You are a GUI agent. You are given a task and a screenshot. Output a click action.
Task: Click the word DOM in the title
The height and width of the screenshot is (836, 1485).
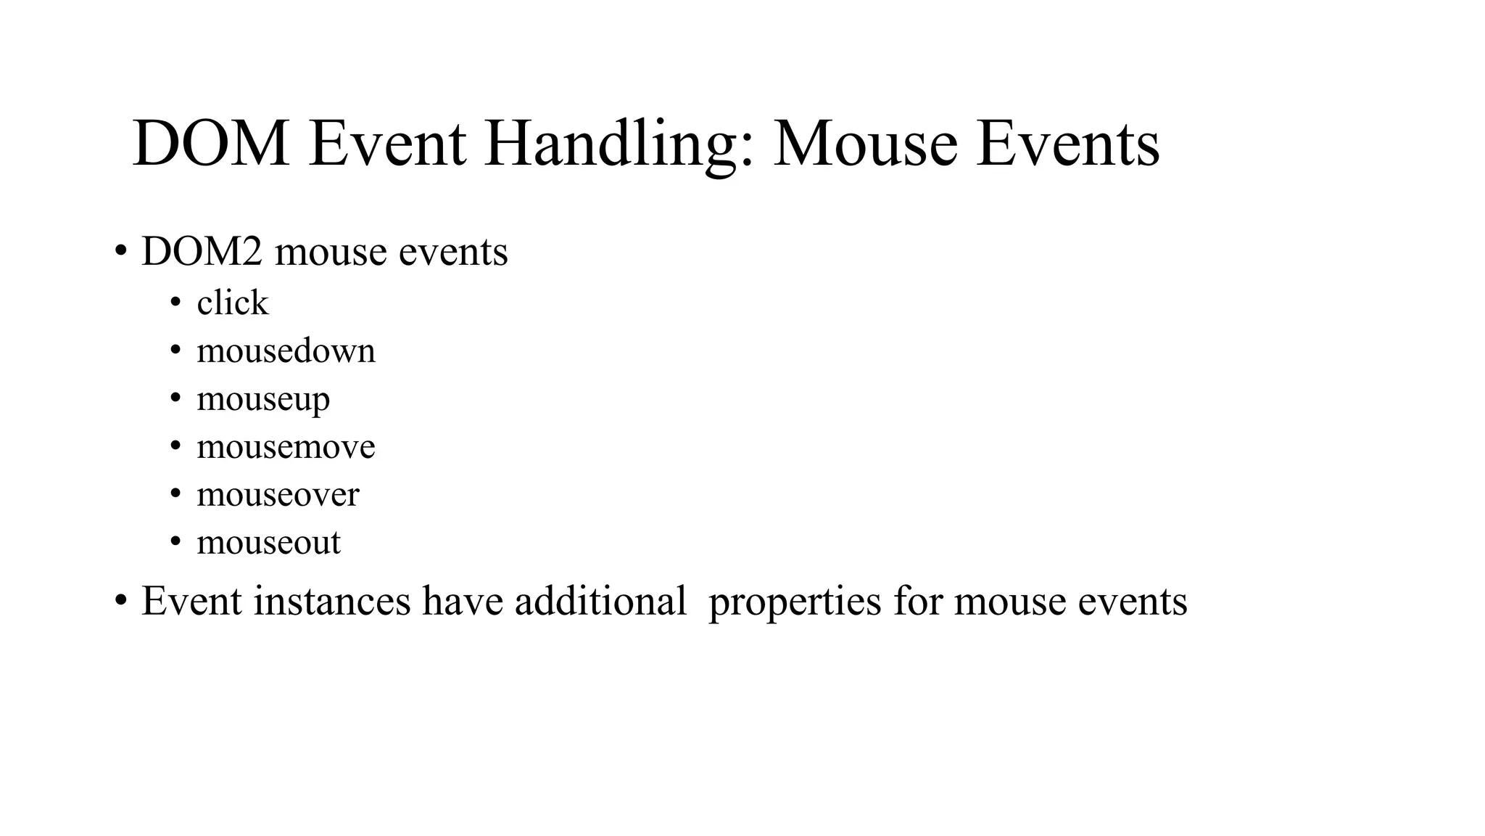[211, 144]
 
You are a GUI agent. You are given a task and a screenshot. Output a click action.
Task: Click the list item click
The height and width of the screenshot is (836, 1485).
[232, 303]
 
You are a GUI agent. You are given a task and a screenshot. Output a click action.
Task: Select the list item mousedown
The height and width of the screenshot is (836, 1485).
[286, 351]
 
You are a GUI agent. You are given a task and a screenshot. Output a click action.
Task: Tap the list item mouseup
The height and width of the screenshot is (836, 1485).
[262, 399]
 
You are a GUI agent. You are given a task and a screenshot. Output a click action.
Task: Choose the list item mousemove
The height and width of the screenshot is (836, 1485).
[286, 446]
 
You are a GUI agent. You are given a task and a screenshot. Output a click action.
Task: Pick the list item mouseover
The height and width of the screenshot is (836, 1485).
[278, 495]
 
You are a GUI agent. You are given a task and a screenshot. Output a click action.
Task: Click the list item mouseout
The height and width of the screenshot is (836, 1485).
[268, 543]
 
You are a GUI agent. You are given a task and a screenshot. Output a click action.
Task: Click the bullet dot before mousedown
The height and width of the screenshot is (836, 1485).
[175, 351]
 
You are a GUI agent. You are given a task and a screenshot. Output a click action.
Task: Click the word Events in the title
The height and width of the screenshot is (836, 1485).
[1067, 144]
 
